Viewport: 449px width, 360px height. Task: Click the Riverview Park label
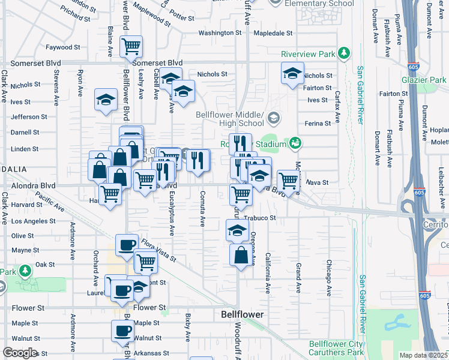tap(308, 54)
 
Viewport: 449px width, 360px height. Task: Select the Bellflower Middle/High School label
tap(230, 119)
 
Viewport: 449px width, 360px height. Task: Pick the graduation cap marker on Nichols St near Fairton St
tap(292, 74)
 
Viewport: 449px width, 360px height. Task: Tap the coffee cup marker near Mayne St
tap(127, 245)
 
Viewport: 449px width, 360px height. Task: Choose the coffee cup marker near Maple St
tap(122, 331)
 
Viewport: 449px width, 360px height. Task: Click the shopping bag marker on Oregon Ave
tap(241, 254)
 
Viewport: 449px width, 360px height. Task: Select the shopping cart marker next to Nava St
tap(289, 181)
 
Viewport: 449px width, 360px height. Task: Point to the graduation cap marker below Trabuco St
tap(237, 230)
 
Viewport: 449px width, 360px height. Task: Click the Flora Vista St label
tap(158, 251)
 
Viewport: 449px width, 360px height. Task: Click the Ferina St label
tap(318, 123)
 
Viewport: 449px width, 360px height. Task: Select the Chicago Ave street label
tap(329, 278)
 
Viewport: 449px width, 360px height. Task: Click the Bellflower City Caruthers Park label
tap(336, 348)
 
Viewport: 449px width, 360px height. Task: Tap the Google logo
tap(20, 353)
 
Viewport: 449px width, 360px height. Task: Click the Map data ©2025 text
tap(423, 356)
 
